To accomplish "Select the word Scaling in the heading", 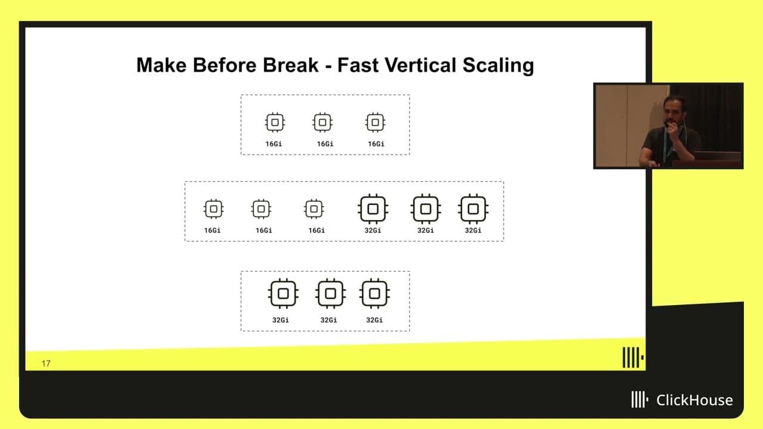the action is (498, 66).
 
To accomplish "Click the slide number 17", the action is (46, 363).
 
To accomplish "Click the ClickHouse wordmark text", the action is (694, 400).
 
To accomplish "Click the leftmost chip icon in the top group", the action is (275, 122).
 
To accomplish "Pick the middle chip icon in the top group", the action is (322, 122).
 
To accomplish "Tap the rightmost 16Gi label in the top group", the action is (376, 144).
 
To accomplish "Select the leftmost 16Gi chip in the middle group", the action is (213, 209).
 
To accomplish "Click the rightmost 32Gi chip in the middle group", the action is (473, 209).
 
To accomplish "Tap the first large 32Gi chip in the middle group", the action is (373, 209).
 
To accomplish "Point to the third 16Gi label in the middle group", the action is (317, 231).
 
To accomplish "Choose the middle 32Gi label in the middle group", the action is (426, 231).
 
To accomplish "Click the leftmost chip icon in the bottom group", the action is (283, 294).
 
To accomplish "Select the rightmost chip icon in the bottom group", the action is (374, 294).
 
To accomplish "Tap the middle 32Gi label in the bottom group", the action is (328, 320).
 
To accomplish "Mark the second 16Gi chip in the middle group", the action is (261, 209).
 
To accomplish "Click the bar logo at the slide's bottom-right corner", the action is (633, 357).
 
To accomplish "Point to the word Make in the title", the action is (162, 65).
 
